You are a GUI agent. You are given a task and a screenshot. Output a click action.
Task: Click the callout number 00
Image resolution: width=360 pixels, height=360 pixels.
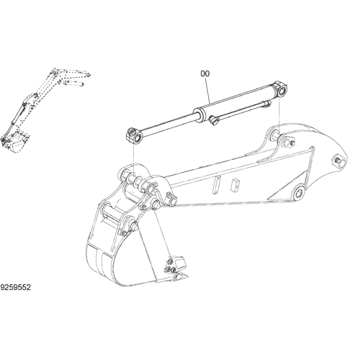[205, 73]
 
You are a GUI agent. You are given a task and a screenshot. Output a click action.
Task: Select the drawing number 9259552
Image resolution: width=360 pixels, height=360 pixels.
[16, 287]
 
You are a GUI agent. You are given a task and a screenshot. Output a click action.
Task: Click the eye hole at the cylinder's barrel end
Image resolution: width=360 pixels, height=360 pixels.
[283, 91]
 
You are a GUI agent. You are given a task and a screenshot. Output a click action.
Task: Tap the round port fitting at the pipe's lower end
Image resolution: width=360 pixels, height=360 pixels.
[213, 120]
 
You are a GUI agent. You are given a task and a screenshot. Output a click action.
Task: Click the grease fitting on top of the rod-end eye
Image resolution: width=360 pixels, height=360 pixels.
[131, 131]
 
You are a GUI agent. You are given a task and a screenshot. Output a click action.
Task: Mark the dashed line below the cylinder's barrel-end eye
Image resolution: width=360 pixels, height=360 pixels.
[279, 116]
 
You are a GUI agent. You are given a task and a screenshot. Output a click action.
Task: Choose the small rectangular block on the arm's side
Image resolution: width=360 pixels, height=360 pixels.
[234, 186]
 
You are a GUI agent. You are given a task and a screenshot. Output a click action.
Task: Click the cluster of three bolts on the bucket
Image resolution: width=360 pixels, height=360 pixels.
[170, 267]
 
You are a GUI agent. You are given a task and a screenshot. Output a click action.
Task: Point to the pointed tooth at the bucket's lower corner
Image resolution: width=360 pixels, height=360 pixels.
[181, 276]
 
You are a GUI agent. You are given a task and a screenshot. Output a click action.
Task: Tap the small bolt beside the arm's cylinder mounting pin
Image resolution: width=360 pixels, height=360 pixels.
[292, 143]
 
